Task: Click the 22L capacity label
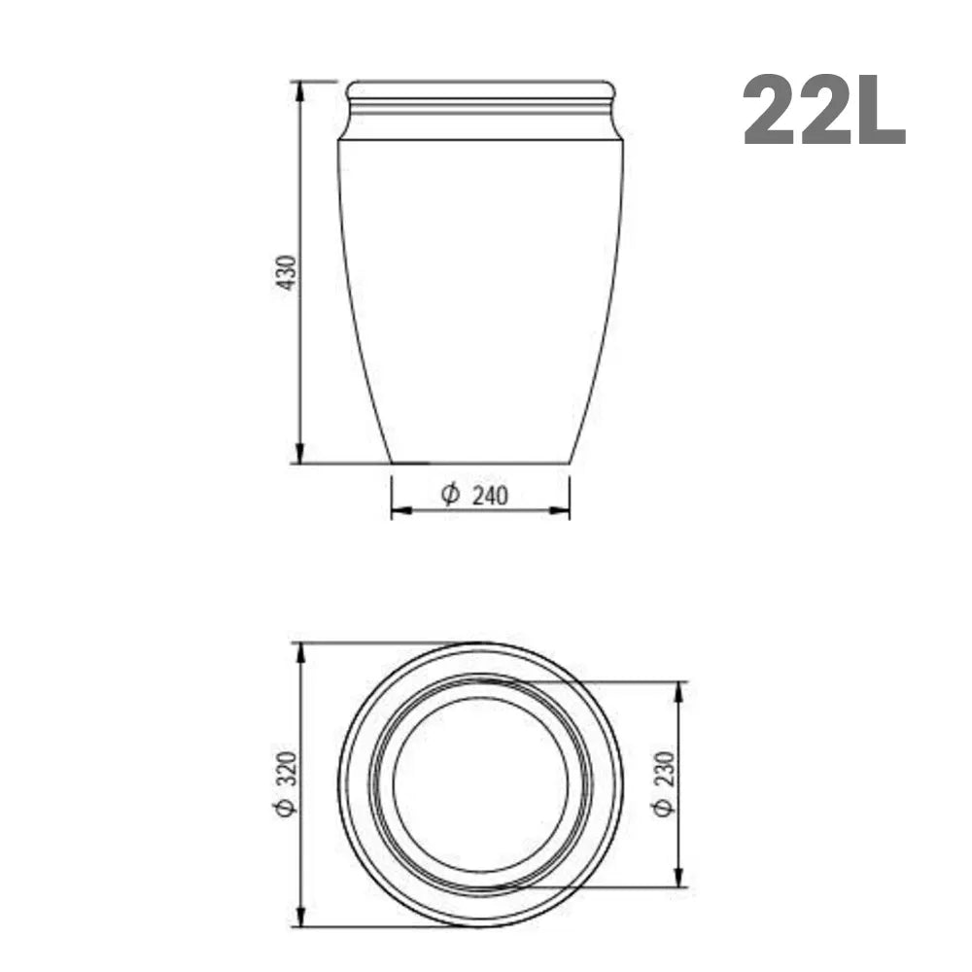824,111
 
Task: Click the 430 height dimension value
287,272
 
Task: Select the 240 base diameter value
490,496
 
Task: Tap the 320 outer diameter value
287,768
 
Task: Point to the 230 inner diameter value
664,769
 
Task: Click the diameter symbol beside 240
450,495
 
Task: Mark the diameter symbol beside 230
663,807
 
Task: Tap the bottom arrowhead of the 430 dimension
300,453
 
